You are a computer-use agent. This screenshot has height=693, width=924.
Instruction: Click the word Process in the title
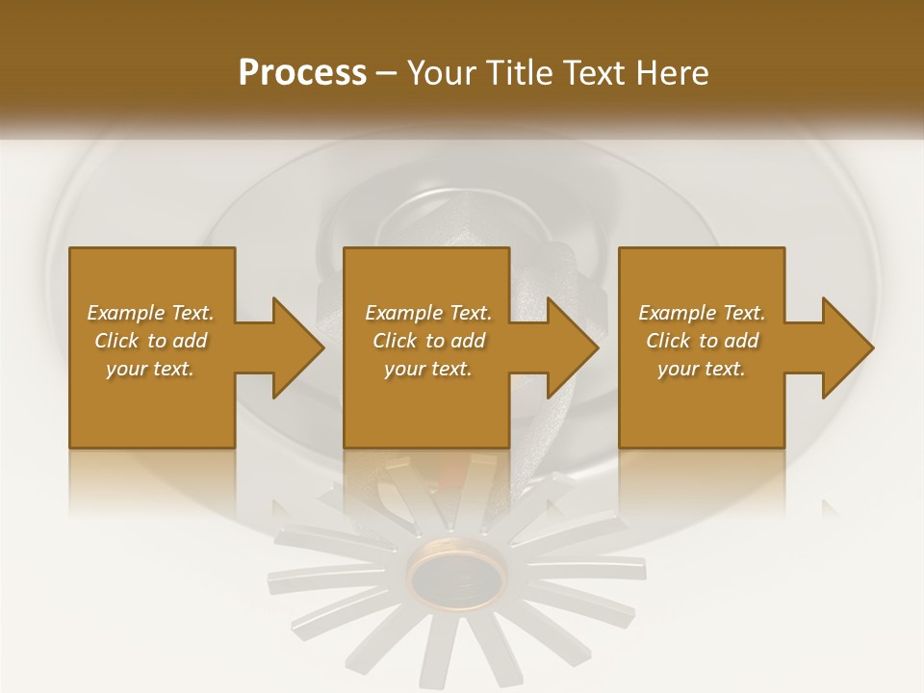[302, 73]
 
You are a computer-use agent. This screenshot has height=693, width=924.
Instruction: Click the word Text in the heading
[596, 73]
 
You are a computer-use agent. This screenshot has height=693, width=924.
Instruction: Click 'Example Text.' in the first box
[151, 313]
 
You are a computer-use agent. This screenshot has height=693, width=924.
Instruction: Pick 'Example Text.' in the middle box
[428, 313]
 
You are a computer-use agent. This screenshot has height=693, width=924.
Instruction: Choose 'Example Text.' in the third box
[702, 313]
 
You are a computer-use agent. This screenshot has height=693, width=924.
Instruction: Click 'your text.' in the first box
[151, 369]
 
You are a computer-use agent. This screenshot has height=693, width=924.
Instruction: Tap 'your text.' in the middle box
[428, 369]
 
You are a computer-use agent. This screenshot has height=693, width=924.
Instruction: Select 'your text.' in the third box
[702, 369]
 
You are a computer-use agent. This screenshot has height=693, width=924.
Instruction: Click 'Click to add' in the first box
[151, 341]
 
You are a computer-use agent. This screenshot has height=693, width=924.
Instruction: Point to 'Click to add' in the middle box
[428, 341]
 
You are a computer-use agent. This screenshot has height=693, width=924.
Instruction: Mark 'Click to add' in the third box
[702, 341]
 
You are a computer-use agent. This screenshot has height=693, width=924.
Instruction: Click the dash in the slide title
[387, 74]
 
